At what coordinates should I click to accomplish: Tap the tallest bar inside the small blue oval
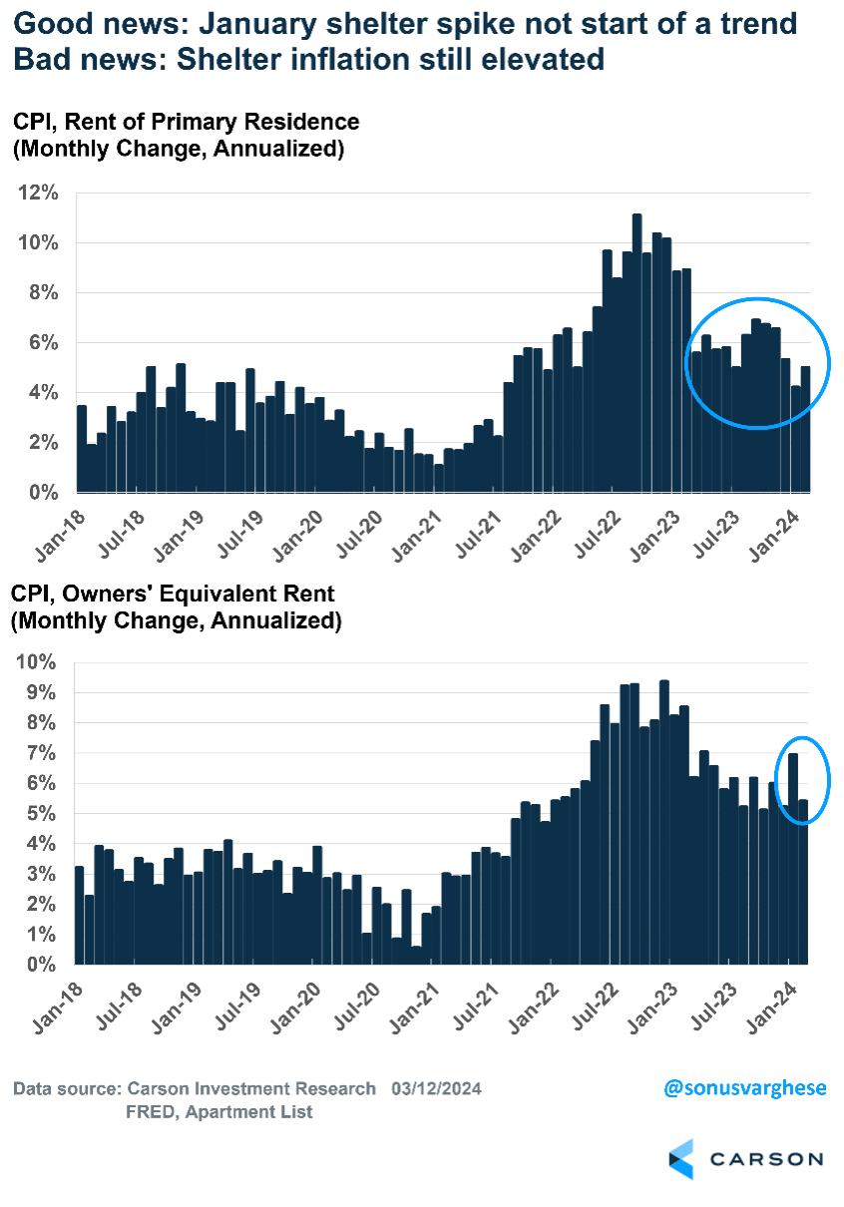(x=792, y=858)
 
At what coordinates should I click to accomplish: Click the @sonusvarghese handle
(x=745, y=1087)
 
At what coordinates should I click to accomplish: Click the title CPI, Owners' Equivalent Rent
(x=173, y=595)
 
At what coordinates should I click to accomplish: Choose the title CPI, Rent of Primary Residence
(x=186, y=123)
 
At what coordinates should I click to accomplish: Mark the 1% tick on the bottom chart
(x=41, y=934)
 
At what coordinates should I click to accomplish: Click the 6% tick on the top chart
(x=41, y=342)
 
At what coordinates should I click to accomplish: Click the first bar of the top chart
(x=82, y=449)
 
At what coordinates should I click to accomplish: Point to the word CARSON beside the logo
(x=766, y=1159)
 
